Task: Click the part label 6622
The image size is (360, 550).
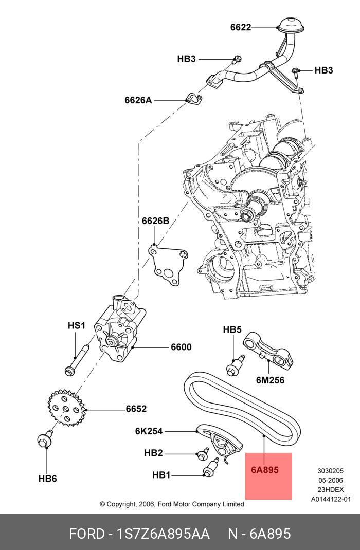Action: pos(241,27)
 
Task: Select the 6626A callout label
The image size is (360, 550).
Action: pos(138,100)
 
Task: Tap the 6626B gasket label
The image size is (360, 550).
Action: pos(155,221)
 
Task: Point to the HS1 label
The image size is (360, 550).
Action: pos(76,325)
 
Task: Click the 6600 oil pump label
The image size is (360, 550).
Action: pos(181,347)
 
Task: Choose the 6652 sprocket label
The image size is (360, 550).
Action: pos(136,409)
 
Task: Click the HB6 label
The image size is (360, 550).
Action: pos(47,479)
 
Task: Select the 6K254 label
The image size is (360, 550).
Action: pos(149,431)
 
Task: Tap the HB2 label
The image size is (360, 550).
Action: pos(153,453)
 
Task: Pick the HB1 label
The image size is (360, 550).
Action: pos(161,475)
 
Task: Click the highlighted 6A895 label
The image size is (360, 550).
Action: pos(265,470)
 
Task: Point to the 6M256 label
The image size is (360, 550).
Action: pos(270,380)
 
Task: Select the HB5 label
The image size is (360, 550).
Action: pos(232,329)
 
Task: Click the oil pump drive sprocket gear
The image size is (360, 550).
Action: pos(65,408)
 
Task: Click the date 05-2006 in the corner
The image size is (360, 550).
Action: pos(330,480)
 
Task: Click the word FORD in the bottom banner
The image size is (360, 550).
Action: pos(86,534)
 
